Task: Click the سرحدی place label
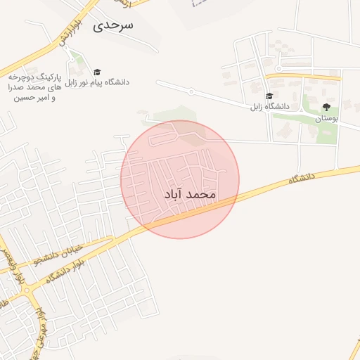pyautogui.click(x=114, y=25)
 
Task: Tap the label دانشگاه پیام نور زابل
pyautogui.click(x=98, y=82)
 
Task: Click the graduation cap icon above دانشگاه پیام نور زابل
pyautogui.click(x=97, y=72)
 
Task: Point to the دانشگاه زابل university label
pyautogui.click(x=270, y=106)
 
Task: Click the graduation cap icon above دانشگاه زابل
pyautogui.click(x=269, y=96)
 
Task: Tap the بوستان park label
pyautogui.click(x=326, y=119)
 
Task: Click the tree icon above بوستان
pyautogui.click(x=326, y=108)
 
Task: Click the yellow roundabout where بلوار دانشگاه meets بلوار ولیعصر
pyautogui.click(x=26, y=290)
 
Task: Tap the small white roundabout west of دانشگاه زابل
pyautogui.click(x=191, y=91)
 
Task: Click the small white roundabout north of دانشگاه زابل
pyautogui.click(x=278, y=68)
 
